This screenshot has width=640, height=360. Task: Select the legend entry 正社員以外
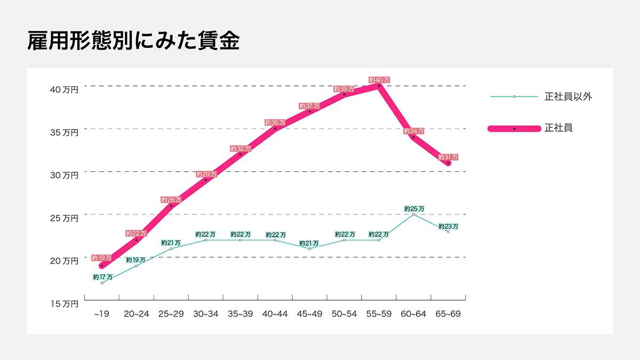tap(569, 97)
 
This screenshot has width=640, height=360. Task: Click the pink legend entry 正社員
tap(558, 128)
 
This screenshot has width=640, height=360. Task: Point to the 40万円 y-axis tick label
tap(64, 90)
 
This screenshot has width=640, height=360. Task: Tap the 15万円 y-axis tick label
tap(64, 304)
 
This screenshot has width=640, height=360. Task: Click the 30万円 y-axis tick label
tap(64, 175)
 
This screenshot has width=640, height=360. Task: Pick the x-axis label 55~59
tap(379, 314)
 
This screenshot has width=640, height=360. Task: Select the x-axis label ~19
tap(101, 314)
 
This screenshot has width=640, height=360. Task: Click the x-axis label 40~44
tap(275, 314)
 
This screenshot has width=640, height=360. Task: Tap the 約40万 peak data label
tap(379, 80)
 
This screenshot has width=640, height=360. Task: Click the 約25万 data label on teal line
tap(414, 209)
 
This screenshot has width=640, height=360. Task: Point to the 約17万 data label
tap(102, 277)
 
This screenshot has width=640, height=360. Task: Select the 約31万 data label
tap(448, 157)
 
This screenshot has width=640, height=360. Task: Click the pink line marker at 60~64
tap(413, 137)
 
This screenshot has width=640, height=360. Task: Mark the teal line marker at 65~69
tap(448, 231)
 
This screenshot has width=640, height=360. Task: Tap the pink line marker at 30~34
tap(206, 180)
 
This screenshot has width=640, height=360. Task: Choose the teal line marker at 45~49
tap(309, 249)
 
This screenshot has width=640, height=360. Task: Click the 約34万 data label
tap(414, 131)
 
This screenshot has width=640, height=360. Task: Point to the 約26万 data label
tap(171, 200)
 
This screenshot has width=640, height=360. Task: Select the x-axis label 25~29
tap(171, 314)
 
